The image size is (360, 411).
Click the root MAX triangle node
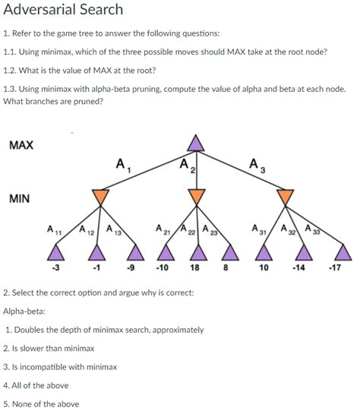point(196,144)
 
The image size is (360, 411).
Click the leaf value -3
point(55,267)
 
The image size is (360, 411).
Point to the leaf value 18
point(195,267)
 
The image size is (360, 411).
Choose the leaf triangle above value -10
point(162,251)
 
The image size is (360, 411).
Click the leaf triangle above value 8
point(226,251)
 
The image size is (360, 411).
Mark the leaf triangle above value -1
point(96,251)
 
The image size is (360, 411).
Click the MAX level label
point(21,145)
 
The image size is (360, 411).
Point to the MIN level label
point(20,199)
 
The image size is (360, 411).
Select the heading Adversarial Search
point(63,10)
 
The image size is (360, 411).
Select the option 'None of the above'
point(45,403)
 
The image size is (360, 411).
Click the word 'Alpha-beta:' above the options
point(24,311)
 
